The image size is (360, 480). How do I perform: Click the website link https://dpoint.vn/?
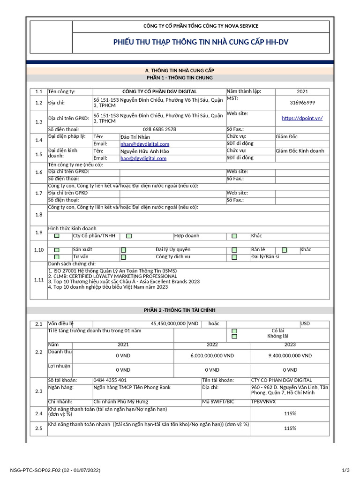302,118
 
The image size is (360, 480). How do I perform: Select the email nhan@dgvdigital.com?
145,144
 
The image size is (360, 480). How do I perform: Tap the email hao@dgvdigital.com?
143,158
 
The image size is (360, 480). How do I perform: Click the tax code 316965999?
302,103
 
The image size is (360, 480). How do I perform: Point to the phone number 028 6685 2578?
159,129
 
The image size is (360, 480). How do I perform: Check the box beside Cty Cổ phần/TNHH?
57,236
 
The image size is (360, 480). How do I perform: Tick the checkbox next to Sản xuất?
57,250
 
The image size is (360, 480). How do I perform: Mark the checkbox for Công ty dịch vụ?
124,257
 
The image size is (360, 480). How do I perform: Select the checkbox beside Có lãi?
234,331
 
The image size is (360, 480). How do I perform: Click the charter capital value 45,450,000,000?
168,324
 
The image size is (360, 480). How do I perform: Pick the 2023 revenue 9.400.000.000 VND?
290,356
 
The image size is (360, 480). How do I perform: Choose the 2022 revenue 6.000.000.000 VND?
212,356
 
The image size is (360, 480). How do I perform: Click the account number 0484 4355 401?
110,380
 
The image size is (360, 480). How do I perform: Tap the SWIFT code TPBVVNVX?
263,402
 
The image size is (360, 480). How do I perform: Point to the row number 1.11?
38,280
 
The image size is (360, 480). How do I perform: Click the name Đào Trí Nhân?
135,137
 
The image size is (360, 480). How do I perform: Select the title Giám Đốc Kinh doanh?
300,151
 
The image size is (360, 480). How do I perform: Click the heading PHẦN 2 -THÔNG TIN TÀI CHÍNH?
180,310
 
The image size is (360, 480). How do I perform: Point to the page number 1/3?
345,470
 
